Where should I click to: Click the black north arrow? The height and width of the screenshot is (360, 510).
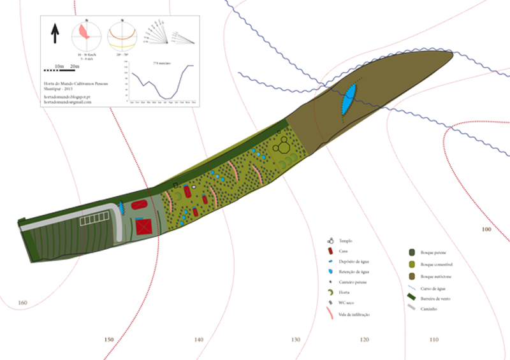[x=55, y=34]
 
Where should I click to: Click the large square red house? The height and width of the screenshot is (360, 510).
[x=145, y=226]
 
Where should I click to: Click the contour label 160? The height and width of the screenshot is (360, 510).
[x=22, y=302]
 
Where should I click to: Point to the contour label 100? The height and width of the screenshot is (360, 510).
[x=487, y=229]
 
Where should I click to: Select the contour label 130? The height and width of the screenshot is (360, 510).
[x=295, y=340]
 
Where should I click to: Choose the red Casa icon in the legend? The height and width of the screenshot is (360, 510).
[x=331, y=252]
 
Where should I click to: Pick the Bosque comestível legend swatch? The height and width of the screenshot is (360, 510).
[x=412, y=264]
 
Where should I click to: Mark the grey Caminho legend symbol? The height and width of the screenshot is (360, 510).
[x=412, y=307]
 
